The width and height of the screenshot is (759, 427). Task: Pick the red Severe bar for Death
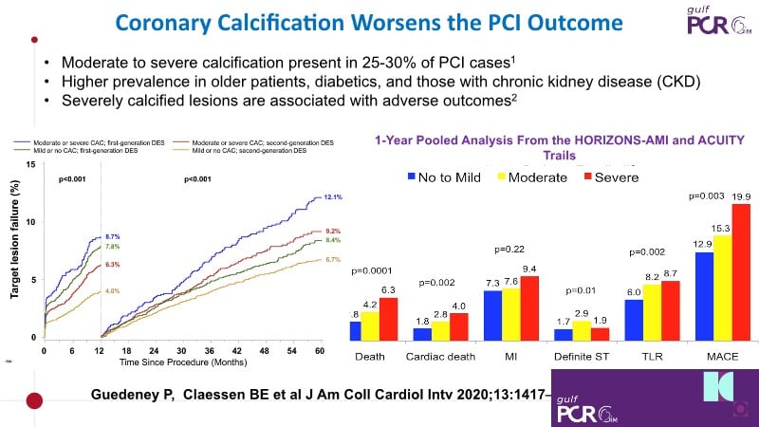point(387,319)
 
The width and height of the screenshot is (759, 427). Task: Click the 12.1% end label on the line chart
point(332,197)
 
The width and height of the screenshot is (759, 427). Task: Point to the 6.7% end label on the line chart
point(332,259)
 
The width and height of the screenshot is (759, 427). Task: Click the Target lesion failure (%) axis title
point(15,251)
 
